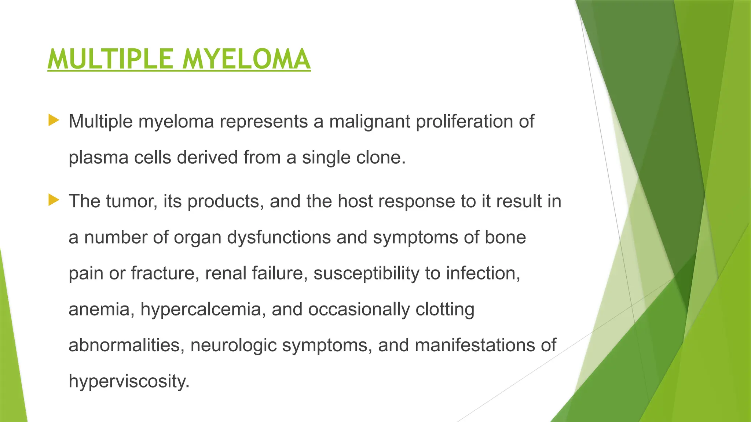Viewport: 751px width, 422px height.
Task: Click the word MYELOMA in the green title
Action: point(246,59)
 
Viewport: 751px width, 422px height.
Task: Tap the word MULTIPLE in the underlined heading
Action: point(110,59)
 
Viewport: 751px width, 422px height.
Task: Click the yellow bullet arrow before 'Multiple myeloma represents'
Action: point(54,120)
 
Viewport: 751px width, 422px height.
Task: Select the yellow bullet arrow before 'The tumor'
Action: point(54,200)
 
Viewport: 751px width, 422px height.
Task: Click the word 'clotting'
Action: point(445,310)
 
